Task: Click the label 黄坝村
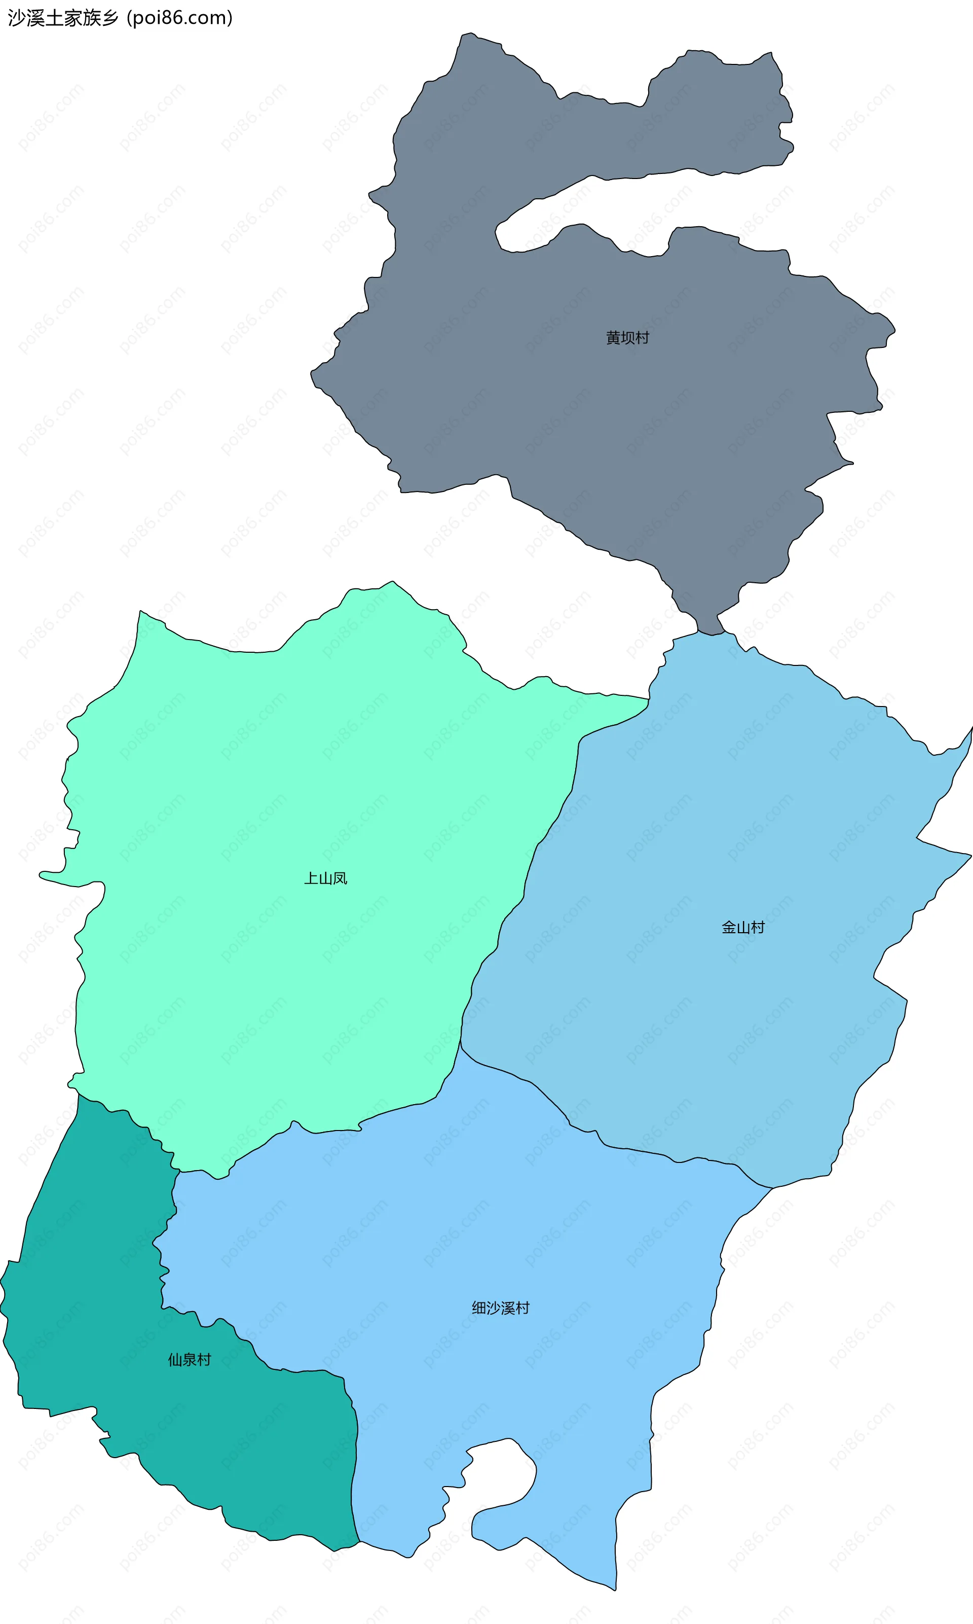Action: [627, 338]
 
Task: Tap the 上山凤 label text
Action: [325, 878]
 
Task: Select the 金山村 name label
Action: [743, 927]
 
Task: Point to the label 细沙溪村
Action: [500, 1307]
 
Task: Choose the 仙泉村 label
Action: [190, 1360]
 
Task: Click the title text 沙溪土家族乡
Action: [63, 18]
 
